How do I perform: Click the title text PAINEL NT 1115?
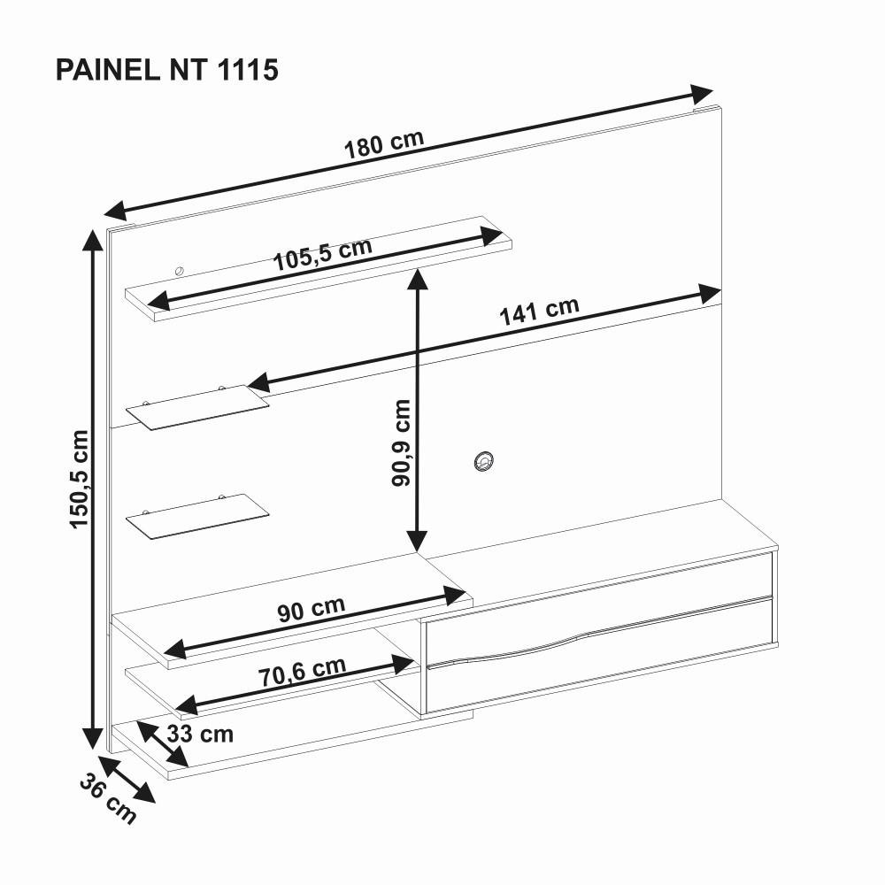167,70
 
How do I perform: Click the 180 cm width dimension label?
383,144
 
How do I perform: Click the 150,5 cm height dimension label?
80,479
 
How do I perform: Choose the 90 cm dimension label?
311,610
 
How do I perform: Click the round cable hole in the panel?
483,460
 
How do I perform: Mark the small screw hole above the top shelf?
179,271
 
